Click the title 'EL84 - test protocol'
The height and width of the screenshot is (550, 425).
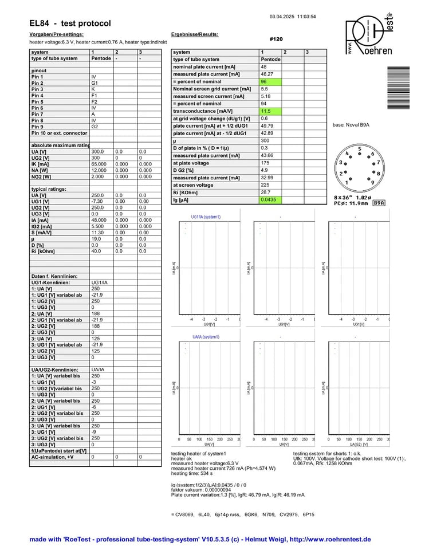[x=70, y=23]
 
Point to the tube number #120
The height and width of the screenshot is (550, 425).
[x=276, y=39]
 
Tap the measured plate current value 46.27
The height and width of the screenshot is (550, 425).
[x=267, y=74]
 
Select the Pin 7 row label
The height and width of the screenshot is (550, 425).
[x=38, y=115]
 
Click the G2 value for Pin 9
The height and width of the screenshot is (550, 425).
[x=95, y=127]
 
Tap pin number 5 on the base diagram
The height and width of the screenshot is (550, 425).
[x=360, y=149]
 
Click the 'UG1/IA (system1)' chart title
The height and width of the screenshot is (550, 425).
[x=206, y=217]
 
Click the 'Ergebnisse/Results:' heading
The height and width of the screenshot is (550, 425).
[x=195, y=34]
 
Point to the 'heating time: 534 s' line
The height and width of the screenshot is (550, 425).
[x=192, y=473]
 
